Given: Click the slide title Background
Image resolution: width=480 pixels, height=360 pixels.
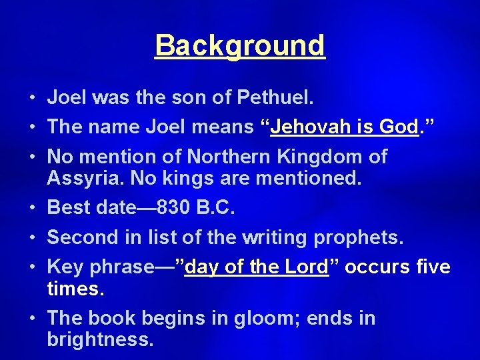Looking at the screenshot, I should (240, 46).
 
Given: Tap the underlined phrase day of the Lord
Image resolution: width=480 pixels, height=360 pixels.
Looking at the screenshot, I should (257, 267).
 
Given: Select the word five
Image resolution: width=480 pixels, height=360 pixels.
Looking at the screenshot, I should (432, 267).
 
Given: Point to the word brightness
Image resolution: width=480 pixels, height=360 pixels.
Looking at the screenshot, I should (100, 340).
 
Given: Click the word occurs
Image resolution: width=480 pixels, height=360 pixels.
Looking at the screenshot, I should (375, 267).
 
